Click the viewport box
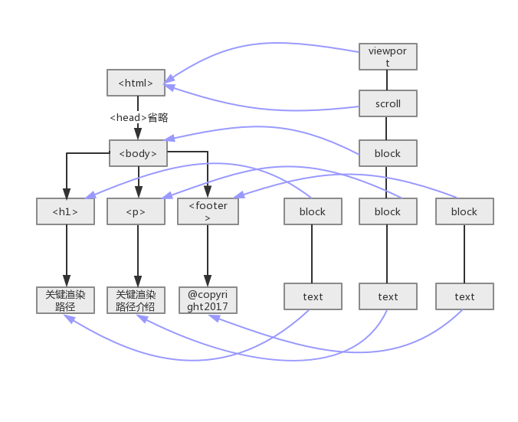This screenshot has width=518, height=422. (x=388, y=57)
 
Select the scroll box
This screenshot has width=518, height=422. (x=388, y=103)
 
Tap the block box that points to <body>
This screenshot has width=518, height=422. (x=388, y=153)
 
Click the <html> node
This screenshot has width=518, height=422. (x=136, y=83)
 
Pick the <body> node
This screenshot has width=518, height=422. (x=138, y=153)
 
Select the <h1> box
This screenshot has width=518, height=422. (x=65, y=211)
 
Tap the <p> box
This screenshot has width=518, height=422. (x=136, y=211)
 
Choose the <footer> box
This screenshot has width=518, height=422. (x=208, y=211)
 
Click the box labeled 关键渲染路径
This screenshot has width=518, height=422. (x=65, y=299)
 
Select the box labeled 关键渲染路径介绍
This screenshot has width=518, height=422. (x=136, y=299)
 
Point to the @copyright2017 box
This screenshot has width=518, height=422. (x=208, y=299)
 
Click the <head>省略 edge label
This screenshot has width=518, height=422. (x=138, y=117)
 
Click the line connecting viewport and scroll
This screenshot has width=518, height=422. (x=388, y=80)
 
